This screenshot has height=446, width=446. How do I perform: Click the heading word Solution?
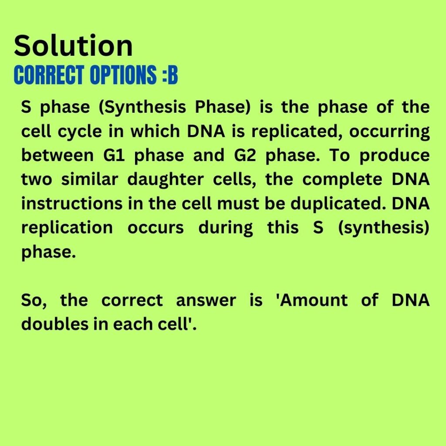tap(73, 45)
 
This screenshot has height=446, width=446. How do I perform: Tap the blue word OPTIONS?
tap(123, 75)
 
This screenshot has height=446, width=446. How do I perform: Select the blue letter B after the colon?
tap(172, 75)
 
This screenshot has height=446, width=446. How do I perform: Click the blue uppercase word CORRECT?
tap(49, 75)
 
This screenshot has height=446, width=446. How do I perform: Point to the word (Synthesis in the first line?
tap(142, 108)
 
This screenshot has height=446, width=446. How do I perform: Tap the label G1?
tap(114, 155)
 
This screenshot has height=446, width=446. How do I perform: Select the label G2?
tap(245, 155)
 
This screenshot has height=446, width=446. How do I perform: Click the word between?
tap(57, 155)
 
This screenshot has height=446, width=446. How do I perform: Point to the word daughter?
tap(166, 180)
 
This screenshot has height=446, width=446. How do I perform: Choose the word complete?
tap(342, 180)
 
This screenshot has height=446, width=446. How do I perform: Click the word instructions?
tap(72, 204)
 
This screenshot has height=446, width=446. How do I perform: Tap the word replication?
tap(67, 228)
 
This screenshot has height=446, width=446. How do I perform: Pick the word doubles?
tap(55, 324)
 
